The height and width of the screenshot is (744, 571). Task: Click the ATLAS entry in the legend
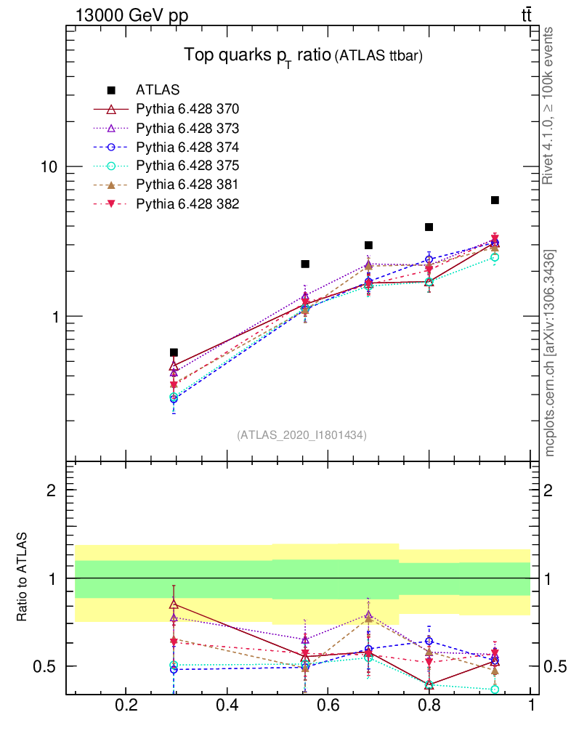pos(158,90)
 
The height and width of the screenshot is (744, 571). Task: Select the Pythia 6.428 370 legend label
pos(187,109)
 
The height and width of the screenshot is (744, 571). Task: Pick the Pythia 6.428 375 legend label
pos(187,166)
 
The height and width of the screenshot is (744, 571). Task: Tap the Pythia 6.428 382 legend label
pos(187,203)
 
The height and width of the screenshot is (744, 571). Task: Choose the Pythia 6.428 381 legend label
pos(187,185)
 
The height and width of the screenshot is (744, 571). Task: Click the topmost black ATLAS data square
pos(495,200)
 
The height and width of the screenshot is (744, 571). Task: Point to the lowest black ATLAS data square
pos(174,352)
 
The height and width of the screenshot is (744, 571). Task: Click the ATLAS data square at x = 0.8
pos(429,227)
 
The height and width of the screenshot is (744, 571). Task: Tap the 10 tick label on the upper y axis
pos(49,166)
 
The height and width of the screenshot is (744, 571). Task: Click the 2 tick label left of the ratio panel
pos(52,490)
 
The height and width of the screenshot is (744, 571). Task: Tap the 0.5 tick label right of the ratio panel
pos(554,666)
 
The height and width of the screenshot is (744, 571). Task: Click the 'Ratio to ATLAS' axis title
pos(22,577)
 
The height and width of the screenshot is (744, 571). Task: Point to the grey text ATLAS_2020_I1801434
pos(301,434)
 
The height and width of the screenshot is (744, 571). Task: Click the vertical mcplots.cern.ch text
pos(550,353)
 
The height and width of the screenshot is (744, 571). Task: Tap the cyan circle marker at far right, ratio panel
pos(495,689)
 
